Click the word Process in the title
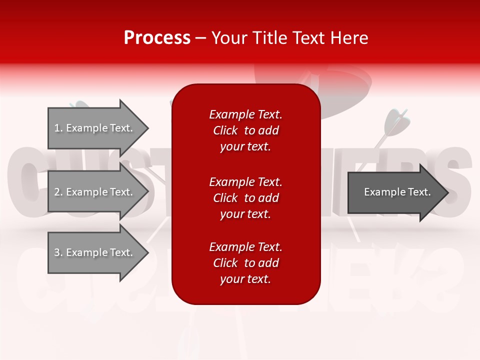[157, 38]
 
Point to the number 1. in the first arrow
[58, 128]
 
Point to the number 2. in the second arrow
[58, 192]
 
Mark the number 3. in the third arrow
[58, 252]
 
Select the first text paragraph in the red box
[245, 130]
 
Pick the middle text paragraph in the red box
[245, 198]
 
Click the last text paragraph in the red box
[245, 263]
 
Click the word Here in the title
[349, 38]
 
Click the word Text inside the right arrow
[419, 192]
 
